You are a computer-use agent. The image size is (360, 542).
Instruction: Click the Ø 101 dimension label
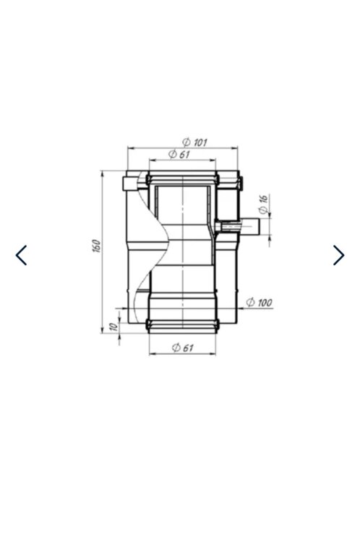(194, 142)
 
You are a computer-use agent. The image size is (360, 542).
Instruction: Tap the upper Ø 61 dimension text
(179, 154)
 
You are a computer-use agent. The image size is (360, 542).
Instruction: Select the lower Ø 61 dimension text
(183, 348)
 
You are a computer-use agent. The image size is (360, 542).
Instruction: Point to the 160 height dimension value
(96, 246)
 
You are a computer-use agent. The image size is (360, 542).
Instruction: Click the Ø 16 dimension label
(264, 205)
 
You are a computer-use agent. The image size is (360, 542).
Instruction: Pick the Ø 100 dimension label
(260, 303)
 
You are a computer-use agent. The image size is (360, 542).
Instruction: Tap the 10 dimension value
(113, 327)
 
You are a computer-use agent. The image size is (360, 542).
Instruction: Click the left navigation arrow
(21, 255)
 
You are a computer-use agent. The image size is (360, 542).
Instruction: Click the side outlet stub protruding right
(249, 226)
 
